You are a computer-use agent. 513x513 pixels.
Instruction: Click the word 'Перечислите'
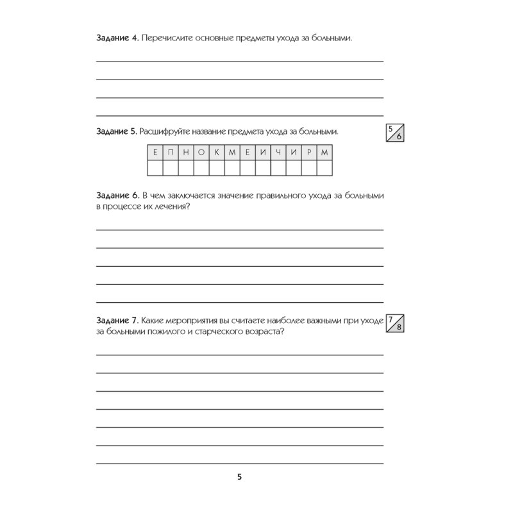170,38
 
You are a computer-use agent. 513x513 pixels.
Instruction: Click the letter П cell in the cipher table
170,153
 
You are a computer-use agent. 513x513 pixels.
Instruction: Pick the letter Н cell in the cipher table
185,153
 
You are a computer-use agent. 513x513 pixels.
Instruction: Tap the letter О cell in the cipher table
201,153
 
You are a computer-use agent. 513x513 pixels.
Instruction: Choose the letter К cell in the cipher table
216,153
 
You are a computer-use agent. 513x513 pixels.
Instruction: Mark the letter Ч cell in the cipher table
278,153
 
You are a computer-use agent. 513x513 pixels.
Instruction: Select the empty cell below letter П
170,169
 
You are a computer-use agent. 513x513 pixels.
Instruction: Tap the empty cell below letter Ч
278,169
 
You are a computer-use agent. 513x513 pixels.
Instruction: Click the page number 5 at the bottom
240,477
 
